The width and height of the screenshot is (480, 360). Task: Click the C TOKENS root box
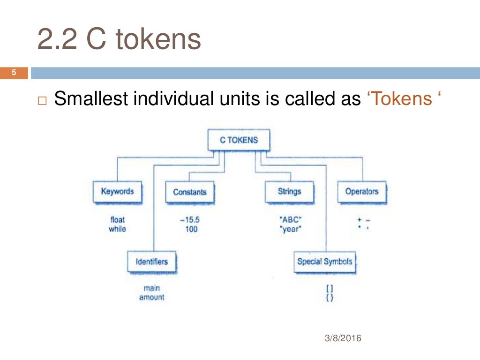click(239, 140)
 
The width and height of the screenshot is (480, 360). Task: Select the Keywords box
click(117, 192)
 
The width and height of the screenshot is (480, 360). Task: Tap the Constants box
click(189, 192)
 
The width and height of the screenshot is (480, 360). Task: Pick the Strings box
click(289, 192)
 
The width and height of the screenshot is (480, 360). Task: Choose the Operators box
click(361, 192)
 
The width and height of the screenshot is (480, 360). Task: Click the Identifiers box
click(151, 262)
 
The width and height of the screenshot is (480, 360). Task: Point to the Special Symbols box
click(324, 262)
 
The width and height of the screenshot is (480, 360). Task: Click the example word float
click(117, 219)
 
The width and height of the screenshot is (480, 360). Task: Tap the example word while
click(117, 229)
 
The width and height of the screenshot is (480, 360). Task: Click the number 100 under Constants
click(191, 229)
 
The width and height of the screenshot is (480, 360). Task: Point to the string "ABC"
click(289, 219)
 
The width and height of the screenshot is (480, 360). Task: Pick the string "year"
click(289, 230)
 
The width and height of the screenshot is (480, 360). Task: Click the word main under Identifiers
click(151, 288)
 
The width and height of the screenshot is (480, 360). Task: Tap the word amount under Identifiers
click(151, 298)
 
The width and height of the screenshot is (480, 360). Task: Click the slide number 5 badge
click(14, 73)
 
